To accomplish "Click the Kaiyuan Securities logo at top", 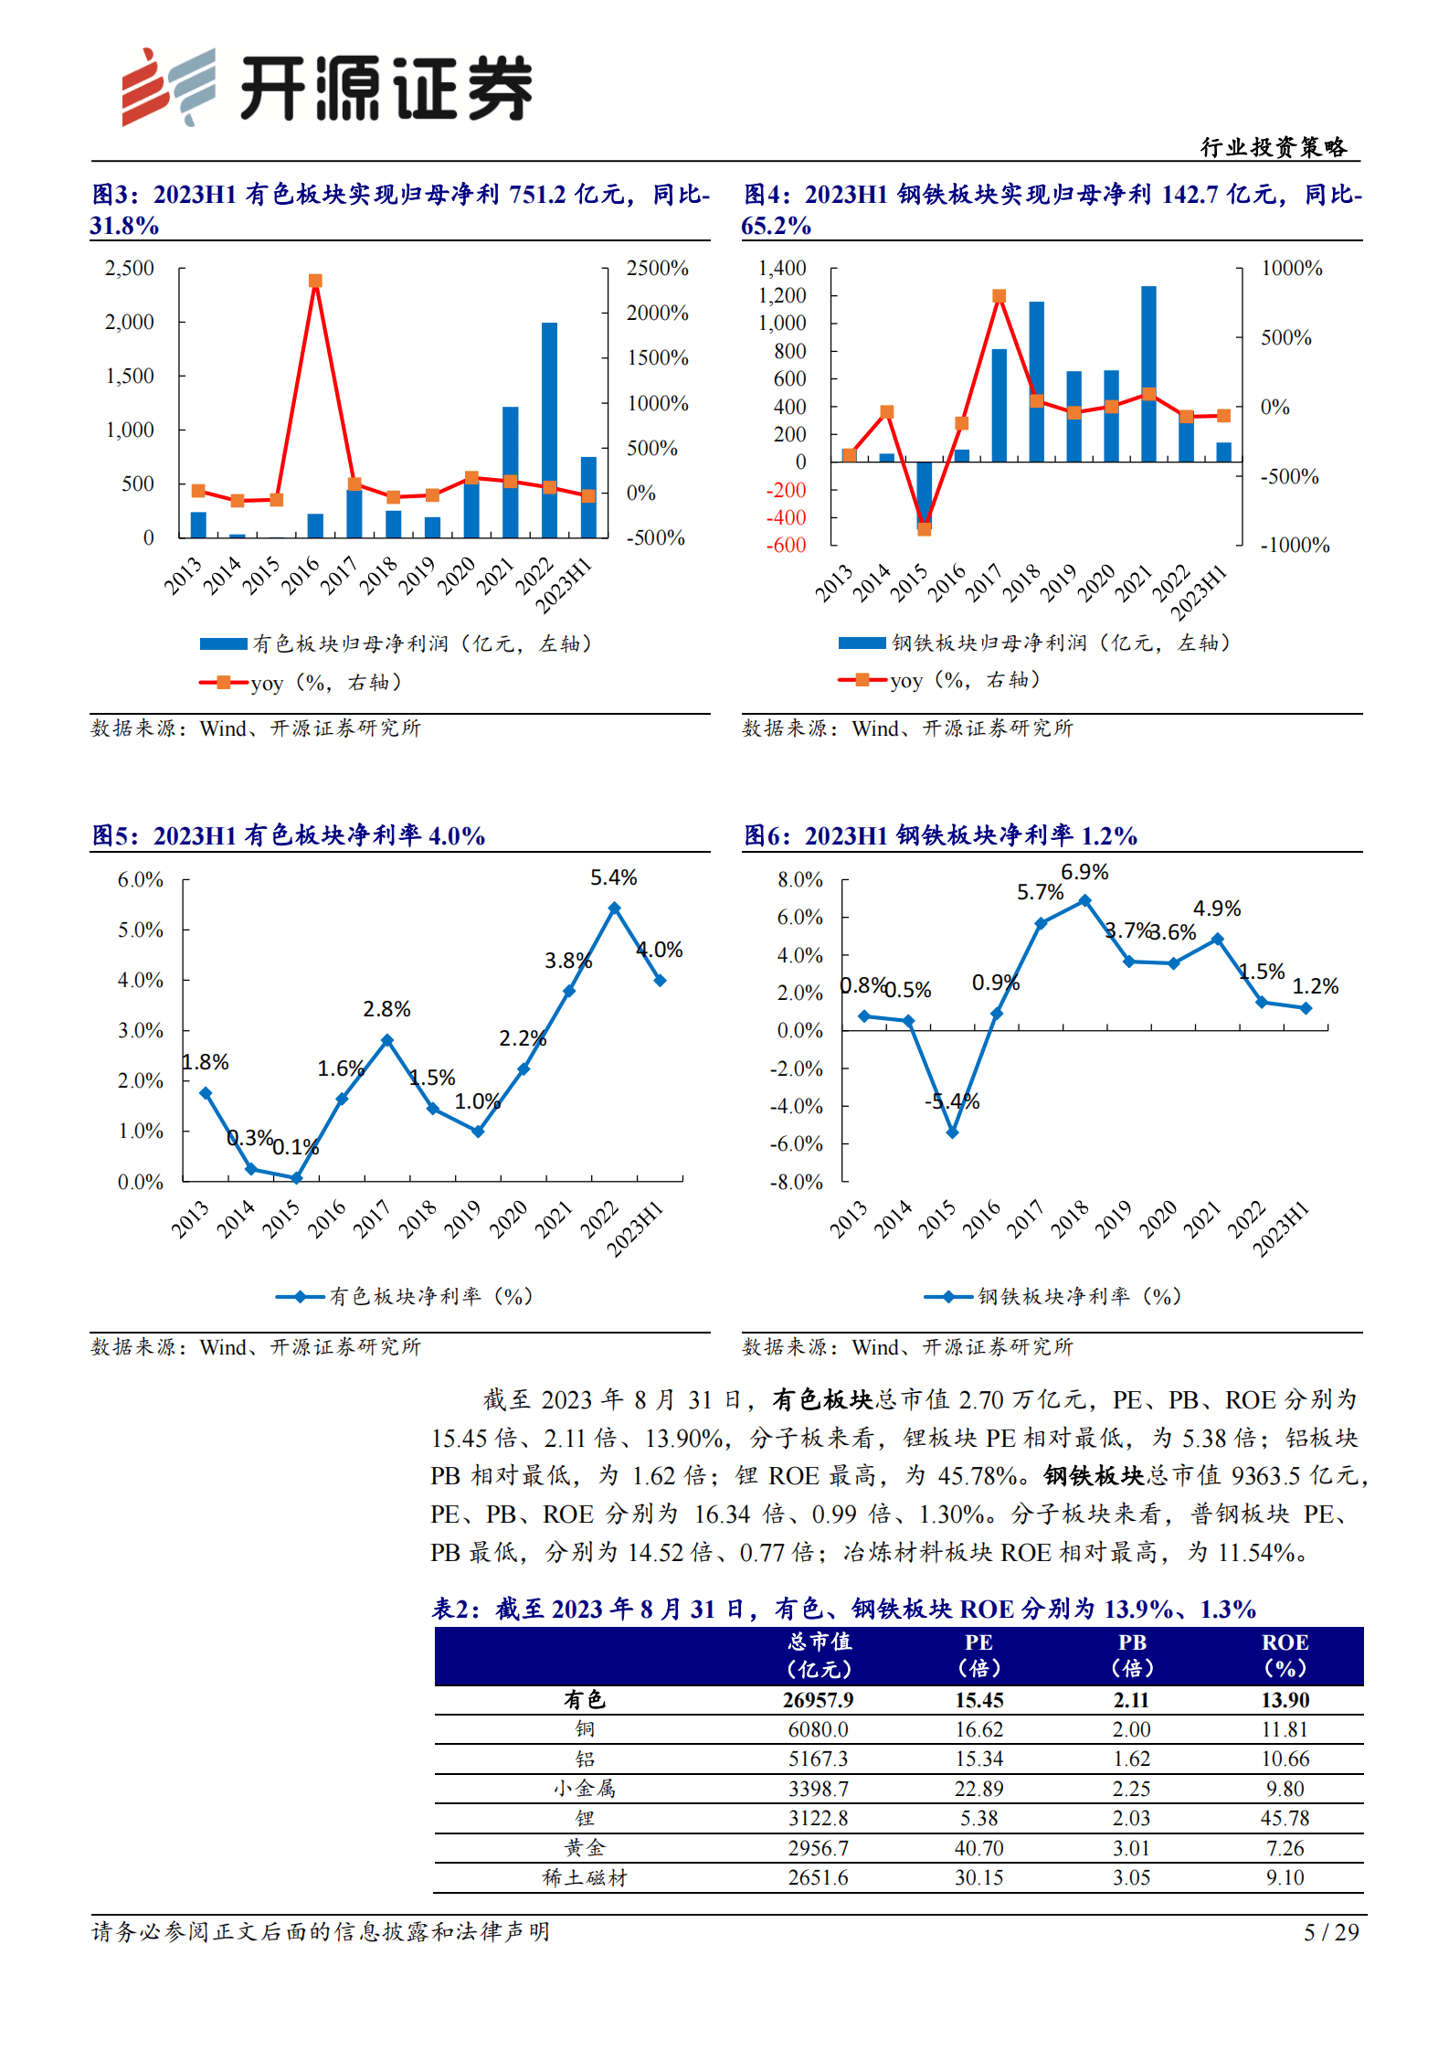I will [326, 87].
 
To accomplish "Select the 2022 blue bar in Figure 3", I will [549, 430].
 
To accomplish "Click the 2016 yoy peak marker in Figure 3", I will [315, 281].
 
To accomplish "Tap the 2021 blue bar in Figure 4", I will [1148, 374].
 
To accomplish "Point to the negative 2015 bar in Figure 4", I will [925, 494].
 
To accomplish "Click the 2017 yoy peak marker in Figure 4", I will [999, 296].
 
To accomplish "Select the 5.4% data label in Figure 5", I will [613, 877].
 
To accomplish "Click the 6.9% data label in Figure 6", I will [1084, 872].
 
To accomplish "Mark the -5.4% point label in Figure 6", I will [952, 1101].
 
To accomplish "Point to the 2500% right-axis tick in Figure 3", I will [657, 268].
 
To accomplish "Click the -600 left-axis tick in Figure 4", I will [786, 545].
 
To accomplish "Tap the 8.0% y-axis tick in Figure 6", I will [799, 879].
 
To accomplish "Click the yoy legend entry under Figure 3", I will [301, 683].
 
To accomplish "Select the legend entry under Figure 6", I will [1053, 1296].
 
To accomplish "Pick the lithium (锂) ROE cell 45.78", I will [1284, 1818].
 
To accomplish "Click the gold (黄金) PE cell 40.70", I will [978, 1848].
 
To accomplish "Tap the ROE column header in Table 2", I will [1284, 1655].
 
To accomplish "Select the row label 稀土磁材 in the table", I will [585, 1877].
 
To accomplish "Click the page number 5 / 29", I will [1331, 1932].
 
